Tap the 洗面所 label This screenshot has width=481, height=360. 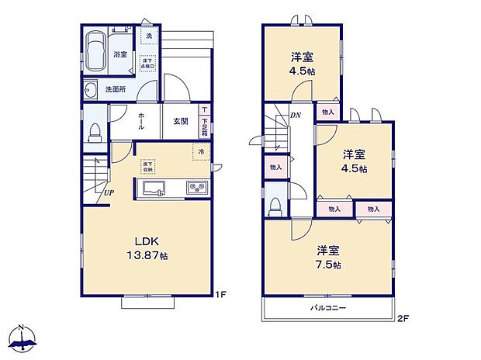pyautogui.click(x=117, y=89)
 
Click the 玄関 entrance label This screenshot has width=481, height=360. pyautogui.click(x=181, y=120)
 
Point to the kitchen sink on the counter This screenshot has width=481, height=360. pyautogui.click(x=151, y=188)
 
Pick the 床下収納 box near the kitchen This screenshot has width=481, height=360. pyautogui.click(x=147, y=165)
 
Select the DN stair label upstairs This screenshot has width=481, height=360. pyautogui.click(x=295, y=116)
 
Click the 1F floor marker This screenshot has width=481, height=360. pyautogui.click(x=221, y=294)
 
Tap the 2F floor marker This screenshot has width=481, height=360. pyautogui.click(x=404, y=318)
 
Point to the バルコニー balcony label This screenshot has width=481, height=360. pyautogui.click(x=328, y=308)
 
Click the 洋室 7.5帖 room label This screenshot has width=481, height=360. pyautogui.click(x=328, y=257)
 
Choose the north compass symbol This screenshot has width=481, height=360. pyautogui.click(x=24, y=338)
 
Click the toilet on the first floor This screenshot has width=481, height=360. pyautogui.click(x=95, y=133)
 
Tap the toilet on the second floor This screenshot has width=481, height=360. pyautogui.click(x=275, y=206)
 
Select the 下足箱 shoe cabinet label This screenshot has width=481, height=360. pyautogui.click(x=204, y=123)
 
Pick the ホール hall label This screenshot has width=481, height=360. pyautogui.click(x=142, y=120)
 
